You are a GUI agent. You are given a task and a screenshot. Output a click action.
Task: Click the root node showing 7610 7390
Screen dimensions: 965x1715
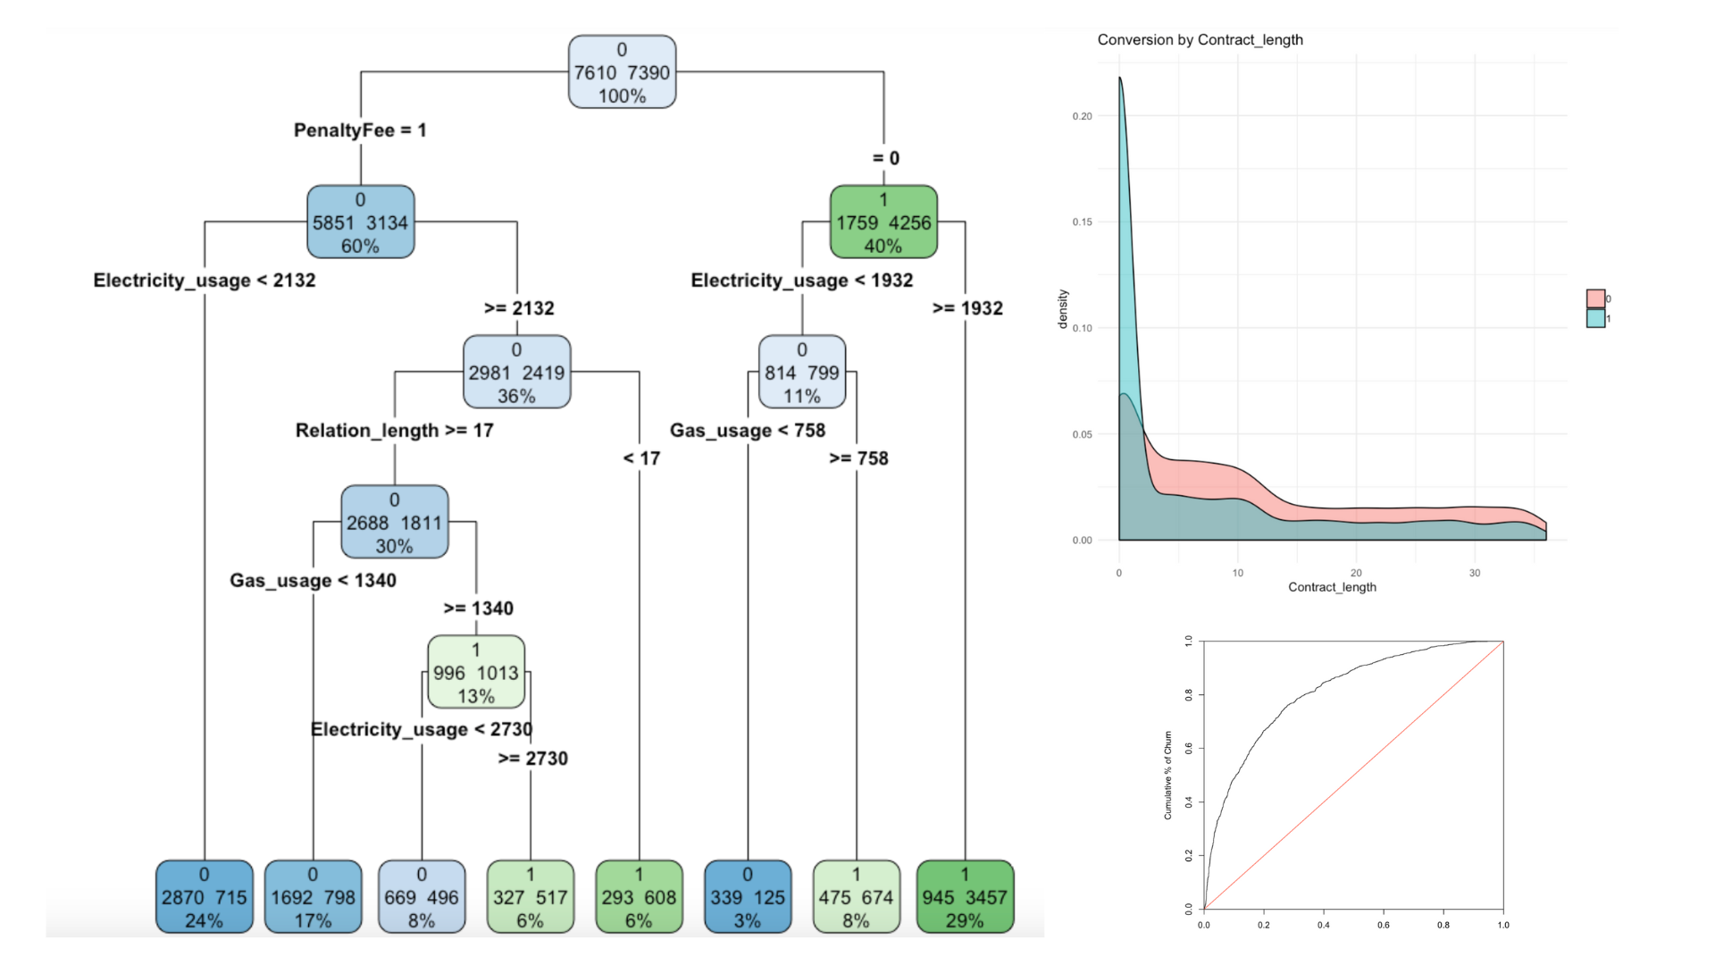[622, 72]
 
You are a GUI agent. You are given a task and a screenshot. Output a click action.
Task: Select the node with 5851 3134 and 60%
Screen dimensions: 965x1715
[360, 222]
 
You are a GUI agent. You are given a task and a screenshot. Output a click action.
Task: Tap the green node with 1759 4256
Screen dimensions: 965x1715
[883, 222]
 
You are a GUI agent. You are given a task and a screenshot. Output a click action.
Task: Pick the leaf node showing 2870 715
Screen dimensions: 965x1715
[204, 897]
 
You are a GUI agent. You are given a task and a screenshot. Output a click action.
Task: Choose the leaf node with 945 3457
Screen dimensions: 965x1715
[965, 897]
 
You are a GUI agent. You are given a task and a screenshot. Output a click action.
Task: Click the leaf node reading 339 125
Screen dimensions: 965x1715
[748, 897]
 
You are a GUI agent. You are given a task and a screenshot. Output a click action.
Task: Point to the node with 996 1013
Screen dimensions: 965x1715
[476, 673]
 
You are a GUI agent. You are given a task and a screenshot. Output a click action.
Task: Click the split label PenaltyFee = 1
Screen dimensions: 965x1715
[360, 130]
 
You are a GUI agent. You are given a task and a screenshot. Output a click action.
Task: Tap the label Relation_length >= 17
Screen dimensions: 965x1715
[394, 431]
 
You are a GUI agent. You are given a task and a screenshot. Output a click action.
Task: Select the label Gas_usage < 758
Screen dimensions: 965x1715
[748, 431]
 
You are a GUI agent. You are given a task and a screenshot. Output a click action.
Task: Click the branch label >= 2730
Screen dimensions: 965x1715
[532, 759]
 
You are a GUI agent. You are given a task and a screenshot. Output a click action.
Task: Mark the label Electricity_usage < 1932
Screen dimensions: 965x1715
[802, 281]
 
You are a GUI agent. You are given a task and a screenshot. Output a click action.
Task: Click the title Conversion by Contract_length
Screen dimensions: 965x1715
[1200, 40]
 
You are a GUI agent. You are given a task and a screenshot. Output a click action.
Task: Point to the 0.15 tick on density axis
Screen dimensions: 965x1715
[1082, 222]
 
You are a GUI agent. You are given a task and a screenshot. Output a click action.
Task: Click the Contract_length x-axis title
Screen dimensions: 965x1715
[1332, 587]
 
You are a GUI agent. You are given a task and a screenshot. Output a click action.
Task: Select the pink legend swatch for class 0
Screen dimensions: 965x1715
[1595, 298]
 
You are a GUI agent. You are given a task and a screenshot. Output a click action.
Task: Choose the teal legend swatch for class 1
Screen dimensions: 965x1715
[1595, 319]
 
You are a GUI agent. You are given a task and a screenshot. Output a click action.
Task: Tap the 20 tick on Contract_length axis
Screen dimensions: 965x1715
[1356, 573]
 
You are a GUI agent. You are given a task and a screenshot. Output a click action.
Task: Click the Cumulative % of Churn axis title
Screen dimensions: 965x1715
[1167, 775]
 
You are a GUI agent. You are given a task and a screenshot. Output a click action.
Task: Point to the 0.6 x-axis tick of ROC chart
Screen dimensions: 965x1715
[1384, 925]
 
